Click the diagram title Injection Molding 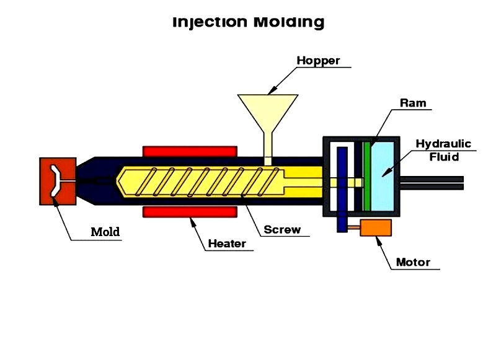click(249, 22)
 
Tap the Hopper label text click(318, 60)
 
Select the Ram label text click(413, 103)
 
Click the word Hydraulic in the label click(443, 144)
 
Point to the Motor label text click(413, 262)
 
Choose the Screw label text click(282, 229)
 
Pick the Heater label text click(227, 244)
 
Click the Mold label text click(105, 232)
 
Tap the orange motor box click(376, 227)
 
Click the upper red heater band click(190, 151)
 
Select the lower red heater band click(190, 212)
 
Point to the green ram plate click(366, 177)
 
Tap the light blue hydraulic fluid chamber click(383, 177)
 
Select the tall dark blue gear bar click(342, 190)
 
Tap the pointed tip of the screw click(117, 182)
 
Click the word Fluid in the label click(444, 157)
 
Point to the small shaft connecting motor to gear click(354, 227)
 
